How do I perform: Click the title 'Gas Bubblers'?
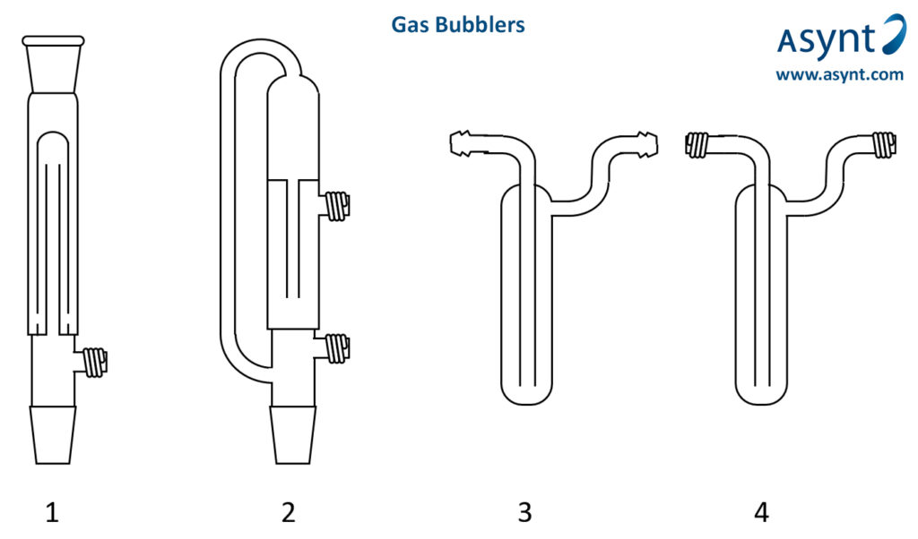point(457,25)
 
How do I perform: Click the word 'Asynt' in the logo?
point(825,41)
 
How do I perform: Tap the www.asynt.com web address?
point(839,75)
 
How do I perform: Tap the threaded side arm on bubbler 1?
point(94,362)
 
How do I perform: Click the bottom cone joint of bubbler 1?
point(52,435)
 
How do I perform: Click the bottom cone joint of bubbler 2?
point(292,435)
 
